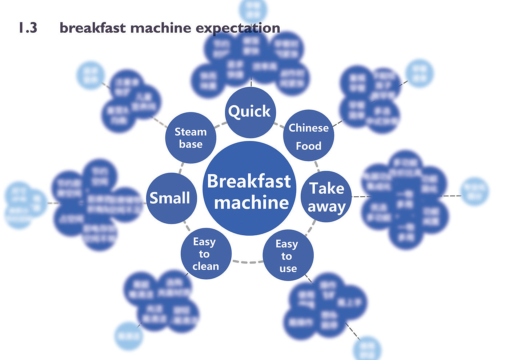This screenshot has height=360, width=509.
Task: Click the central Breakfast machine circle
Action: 249,188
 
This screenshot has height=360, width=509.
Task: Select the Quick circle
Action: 250,112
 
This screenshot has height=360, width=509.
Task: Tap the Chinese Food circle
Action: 308,136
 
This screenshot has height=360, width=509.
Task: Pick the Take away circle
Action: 326,197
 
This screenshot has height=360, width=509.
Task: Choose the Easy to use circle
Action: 288,256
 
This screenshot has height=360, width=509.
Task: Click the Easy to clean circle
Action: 206,254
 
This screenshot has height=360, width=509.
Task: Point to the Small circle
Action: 171,198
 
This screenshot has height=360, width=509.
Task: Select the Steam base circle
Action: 191,138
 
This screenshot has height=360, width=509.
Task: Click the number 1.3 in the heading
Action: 28,28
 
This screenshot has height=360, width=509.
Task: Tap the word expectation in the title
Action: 238,28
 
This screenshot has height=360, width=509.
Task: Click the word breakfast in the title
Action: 93,28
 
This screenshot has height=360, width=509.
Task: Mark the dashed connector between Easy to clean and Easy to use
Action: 248,262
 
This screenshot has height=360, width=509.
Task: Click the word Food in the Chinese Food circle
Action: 308,146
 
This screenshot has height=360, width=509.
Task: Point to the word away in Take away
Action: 326,206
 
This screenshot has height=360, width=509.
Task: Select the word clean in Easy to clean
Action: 206,266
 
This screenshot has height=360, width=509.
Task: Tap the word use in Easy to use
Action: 288,269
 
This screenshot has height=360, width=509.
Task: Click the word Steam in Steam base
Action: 191,132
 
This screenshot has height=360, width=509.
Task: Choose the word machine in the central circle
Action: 251,203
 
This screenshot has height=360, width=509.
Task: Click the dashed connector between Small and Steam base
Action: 181,168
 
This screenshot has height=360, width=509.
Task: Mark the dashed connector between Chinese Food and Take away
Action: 317,166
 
